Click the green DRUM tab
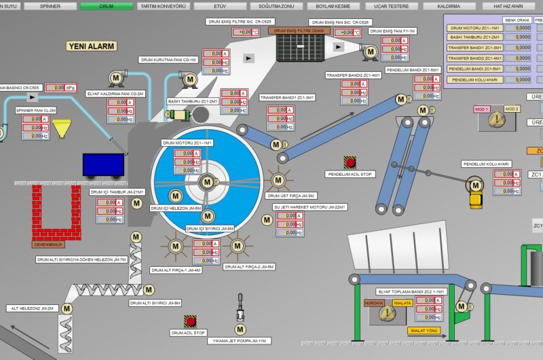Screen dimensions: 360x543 coord(106,5)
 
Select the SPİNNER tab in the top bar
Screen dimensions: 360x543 coord(50,5)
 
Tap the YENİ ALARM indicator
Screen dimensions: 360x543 coord(91,46)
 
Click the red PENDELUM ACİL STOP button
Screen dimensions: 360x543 coord(350,163)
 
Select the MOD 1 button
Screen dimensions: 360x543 coord(482,109)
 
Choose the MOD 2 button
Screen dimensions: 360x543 coord(512,109)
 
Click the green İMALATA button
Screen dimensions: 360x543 coord(402,303)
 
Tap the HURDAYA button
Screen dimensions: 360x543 coord(374,303)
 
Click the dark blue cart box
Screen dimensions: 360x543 coord(103,165)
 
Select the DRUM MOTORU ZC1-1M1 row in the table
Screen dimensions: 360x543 coord(475,28)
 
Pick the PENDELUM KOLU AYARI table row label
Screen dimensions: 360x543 coord(475,79)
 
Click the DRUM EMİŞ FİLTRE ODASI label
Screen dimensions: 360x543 coord(299,31)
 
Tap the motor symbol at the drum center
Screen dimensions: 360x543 coord(207,182)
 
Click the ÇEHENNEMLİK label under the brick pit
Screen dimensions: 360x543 coord(48,245)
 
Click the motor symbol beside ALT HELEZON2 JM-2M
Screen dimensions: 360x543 coord(67,308)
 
